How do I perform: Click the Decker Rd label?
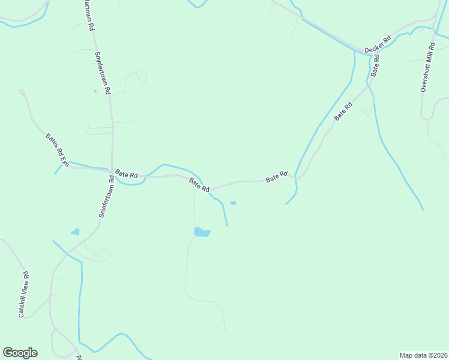378,44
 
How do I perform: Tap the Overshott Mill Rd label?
427,67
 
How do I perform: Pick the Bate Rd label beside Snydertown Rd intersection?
126,174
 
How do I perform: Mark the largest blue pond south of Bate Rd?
202,232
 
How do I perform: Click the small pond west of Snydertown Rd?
75,232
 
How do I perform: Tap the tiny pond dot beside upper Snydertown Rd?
95,91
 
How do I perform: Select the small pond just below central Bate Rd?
233,203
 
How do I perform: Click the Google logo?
20,353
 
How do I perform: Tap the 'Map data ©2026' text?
423,355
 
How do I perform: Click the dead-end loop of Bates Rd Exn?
22,92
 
